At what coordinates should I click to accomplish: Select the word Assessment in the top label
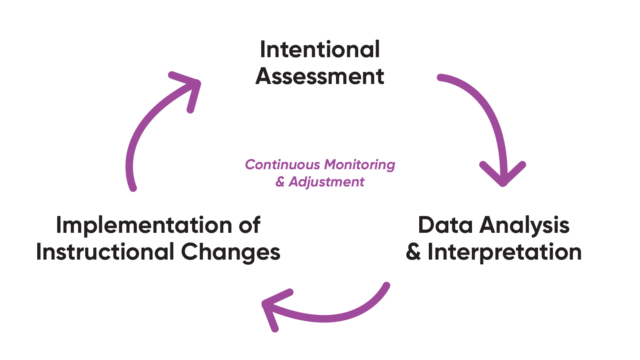point(319,77)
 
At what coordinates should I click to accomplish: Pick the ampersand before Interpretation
point(416,252)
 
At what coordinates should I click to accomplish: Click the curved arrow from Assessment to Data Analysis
point(480,110)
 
